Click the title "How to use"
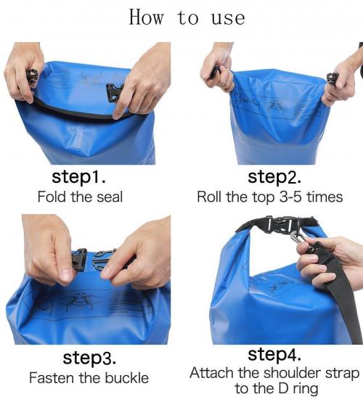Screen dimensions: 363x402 187,17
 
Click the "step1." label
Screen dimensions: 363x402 78,176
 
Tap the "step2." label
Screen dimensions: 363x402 274,176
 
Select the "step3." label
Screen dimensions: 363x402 89,358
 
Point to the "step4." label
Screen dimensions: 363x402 274,354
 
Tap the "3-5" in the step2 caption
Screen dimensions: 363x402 290,197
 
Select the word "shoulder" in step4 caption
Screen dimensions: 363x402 293,373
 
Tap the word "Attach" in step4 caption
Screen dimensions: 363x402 212,373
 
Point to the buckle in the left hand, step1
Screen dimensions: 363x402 33,76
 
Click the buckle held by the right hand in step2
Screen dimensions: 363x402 333,78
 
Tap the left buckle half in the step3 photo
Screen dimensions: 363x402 80,260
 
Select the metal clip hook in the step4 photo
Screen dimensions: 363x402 299,238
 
